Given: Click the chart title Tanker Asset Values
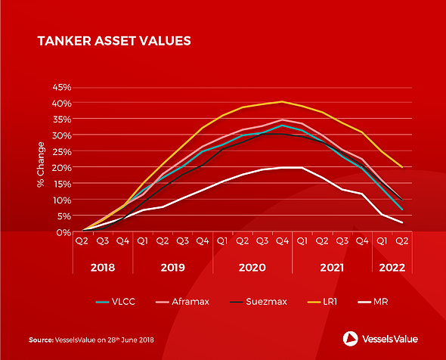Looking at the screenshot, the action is (x=114, y=41).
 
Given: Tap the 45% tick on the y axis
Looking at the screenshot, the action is (x=62, y=87).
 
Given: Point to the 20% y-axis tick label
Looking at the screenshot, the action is (x=62, y=168).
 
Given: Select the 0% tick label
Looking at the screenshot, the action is (x=63, y=232).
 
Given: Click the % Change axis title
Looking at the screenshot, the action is (x=41, y=164).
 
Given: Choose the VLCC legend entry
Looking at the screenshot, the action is (x=116, y=302).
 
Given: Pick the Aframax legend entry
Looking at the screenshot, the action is (x=183, y=302).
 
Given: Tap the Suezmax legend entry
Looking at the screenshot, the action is (x=259, y=302).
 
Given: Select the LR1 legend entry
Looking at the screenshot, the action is (x=322, y=302).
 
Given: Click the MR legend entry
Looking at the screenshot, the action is (x=373, y=302).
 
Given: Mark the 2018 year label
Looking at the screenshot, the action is (x=103, y=268).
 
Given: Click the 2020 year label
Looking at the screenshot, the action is (x=252, y=268).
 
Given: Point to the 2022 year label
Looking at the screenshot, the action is (x=392, y=268).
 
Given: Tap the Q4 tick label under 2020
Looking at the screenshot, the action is (x=282, y=241).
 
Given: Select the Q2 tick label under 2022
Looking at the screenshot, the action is (x=402, y=241).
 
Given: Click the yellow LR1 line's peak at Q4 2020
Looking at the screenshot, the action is (x=282, y=101).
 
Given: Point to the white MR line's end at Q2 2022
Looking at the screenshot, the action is (x=402, y=222).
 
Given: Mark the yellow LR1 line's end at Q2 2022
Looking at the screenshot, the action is (x=402, y=167).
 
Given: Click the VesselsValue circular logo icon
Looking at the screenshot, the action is (x=351, y=339).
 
